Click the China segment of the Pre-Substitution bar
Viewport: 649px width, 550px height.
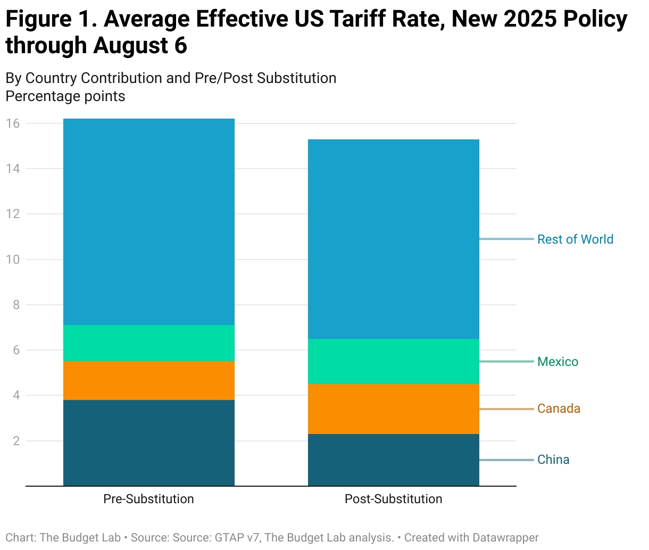(149, 443)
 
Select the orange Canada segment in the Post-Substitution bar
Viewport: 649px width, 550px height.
(394, 409)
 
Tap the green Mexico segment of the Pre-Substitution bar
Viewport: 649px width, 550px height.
(149, 343)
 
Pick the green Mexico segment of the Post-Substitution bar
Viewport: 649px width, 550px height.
(394, 361)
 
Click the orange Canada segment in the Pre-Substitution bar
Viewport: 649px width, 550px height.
(149, 380)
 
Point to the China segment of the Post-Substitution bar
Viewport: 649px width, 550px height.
(394, 460)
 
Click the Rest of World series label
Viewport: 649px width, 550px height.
(575, 239)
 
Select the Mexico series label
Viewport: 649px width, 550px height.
(558, 362)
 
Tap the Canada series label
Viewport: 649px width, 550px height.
(559, 409)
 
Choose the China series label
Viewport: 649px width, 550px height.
(553, 460)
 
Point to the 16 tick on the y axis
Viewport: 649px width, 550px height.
(13, 123)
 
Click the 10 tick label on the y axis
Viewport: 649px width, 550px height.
(13, 260)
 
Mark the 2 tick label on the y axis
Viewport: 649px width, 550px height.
(16, 441)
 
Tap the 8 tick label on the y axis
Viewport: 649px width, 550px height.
(16, 305)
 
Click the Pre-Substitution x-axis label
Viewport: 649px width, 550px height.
(148, 499)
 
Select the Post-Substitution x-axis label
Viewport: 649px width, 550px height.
(393, 499)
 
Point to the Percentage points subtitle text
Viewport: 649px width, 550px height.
(65, 96)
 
